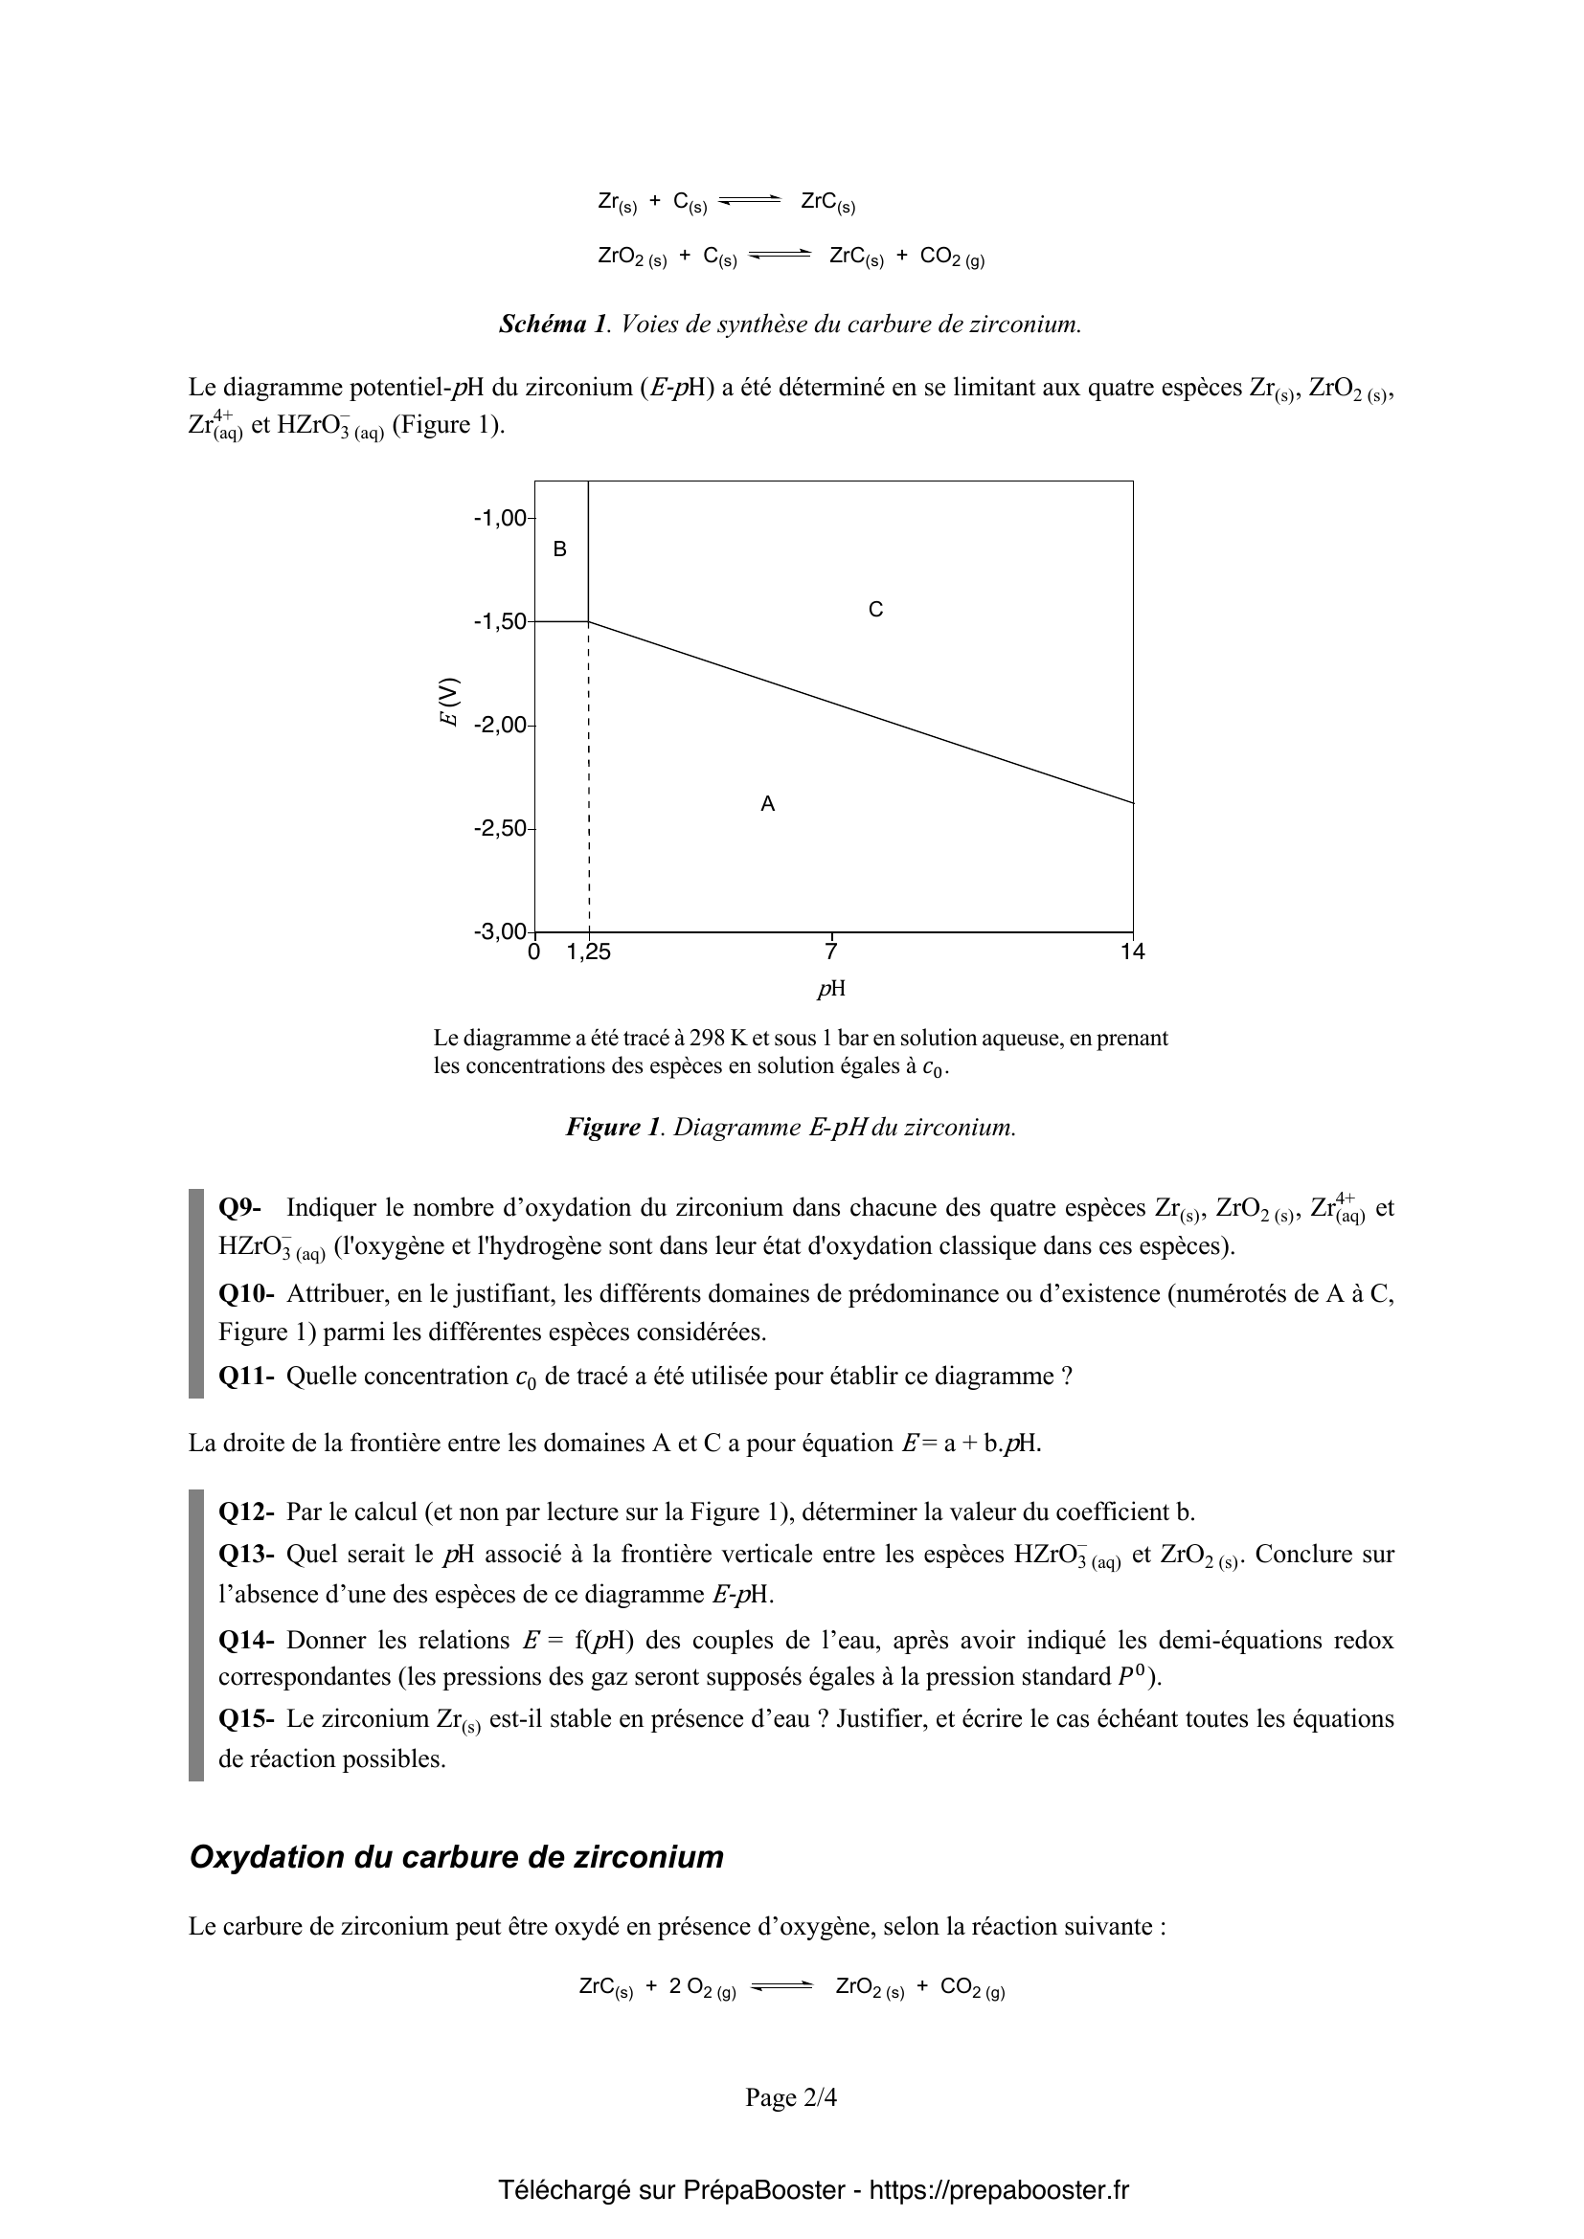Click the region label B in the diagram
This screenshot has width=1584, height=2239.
tap(560, 550)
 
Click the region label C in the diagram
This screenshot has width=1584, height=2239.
tap(876, 610)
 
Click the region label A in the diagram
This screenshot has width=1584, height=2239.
tap(768, 804)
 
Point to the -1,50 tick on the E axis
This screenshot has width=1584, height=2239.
tap(500, 621)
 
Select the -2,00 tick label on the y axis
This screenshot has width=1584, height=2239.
tap(500, 726)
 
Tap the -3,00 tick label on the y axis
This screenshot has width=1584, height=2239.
tap(500, 931)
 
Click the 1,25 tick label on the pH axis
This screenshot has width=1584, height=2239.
tap(588, 952)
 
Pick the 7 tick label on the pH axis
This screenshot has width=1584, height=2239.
tap(831, 952)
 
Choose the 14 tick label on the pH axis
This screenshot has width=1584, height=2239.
tap(1132, 952)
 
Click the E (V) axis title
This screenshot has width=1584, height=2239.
tap(448, 701)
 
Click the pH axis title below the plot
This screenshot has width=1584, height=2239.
tap(831, 989)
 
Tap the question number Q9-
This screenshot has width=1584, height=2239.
tap(240, 1208)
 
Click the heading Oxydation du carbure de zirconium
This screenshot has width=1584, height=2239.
tap(457, 1858)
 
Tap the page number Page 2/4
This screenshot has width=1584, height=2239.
tap(791, 2097)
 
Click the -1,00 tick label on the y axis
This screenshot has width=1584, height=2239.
tap(500, 518)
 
